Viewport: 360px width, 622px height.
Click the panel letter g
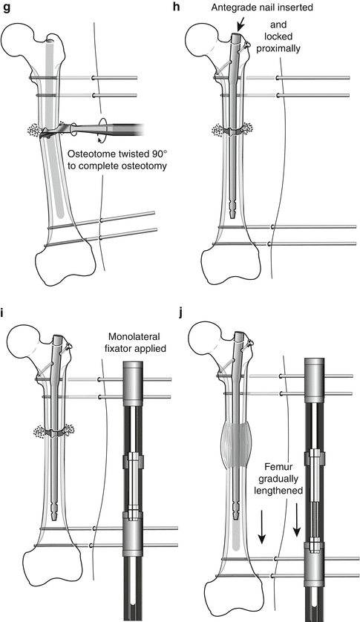pos(7,8)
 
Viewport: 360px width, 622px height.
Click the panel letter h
pos(177,7)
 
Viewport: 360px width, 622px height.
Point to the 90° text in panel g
pos(154,154)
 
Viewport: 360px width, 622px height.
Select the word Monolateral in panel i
pos(134,337)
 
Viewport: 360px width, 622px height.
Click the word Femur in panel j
pos(278,468)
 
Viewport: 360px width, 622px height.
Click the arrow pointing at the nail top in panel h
pos(240,26)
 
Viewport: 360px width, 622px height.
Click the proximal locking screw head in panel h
pos(248,45)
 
